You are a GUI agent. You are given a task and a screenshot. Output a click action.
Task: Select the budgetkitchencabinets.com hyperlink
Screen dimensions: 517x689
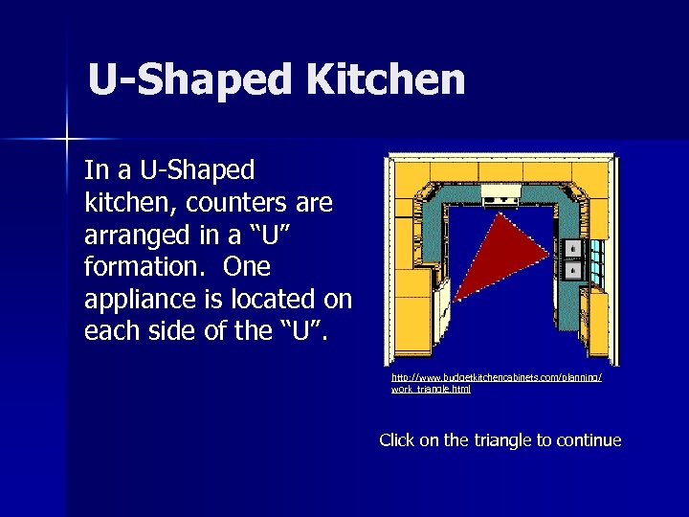coord(496,383)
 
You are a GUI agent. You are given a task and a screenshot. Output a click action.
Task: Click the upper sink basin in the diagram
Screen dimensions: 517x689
coord(571,249)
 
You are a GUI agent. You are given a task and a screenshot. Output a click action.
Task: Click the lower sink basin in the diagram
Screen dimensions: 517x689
coord(571,271)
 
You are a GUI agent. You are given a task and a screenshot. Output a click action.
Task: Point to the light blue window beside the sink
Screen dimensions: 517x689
coord(596,258)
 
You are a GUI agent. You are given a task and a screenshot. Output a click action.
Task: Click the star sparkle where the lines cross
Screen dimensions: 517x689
coord(68,140)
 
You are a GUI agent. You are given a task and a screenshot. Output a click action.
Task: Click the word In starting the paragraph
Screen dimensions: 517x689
coord(96,170)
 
